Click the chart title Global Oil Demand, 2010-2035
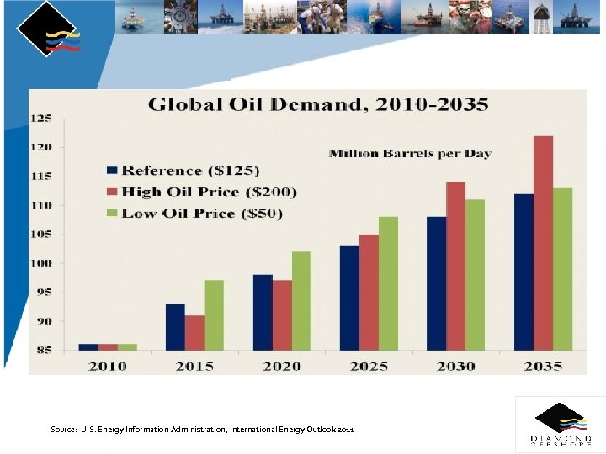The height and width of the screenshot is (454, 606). (x=318, y=105)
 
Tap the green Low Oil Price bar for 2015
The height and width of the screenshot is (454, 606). (x=214, y=314)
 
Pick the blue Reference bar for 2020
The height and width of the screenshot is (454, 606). (x=262, y=312)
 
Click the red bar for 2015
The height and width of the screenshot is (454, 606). (x=194, y=332)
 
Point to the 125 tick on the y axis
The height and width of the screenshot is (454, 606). (x=41, y=119)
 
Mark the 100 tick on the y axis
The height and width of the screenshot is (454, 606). (x=41, y=263)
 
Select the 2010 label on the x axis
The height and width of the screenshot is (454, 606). (x=108, y=366)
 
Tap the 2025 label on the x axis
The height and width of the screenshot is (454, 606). (x=369, y=366)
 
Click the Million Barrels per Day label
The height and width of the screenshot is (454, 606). (x=409, y=153)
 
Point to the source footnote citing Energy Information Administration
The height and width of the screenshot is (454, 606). (x=202, y=430)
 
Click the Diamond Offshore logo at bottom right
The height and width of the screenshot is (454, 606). (x=560, y=425)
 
